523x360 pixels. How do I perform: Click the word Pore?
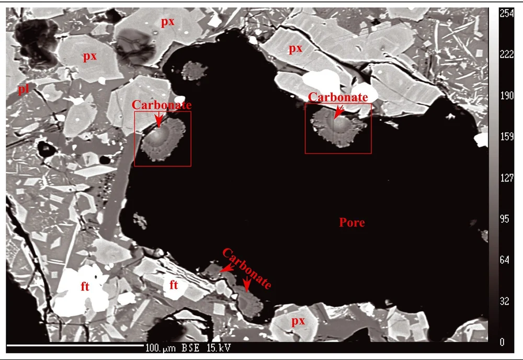pyautogui.click(x=351, y=223)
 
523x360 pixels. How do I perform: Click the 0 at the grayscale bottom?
pyautogui.click(x=503, y=342)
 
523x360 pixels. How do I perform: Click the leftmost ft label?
pyautogui.click(x=85, y=287)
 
